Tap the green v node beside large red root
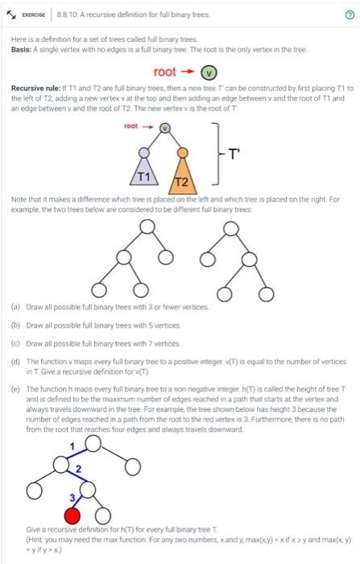pos(207,72)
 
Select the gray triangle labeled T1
pos(143,172)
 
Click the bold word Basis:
pos(23,50)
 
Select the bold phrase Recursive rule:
pos(37,87)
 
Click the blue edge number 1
pos(71,446)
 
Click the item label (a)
pos(16,307)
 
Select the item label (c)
pos(16,343)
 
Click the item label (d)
pos(16,361)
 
